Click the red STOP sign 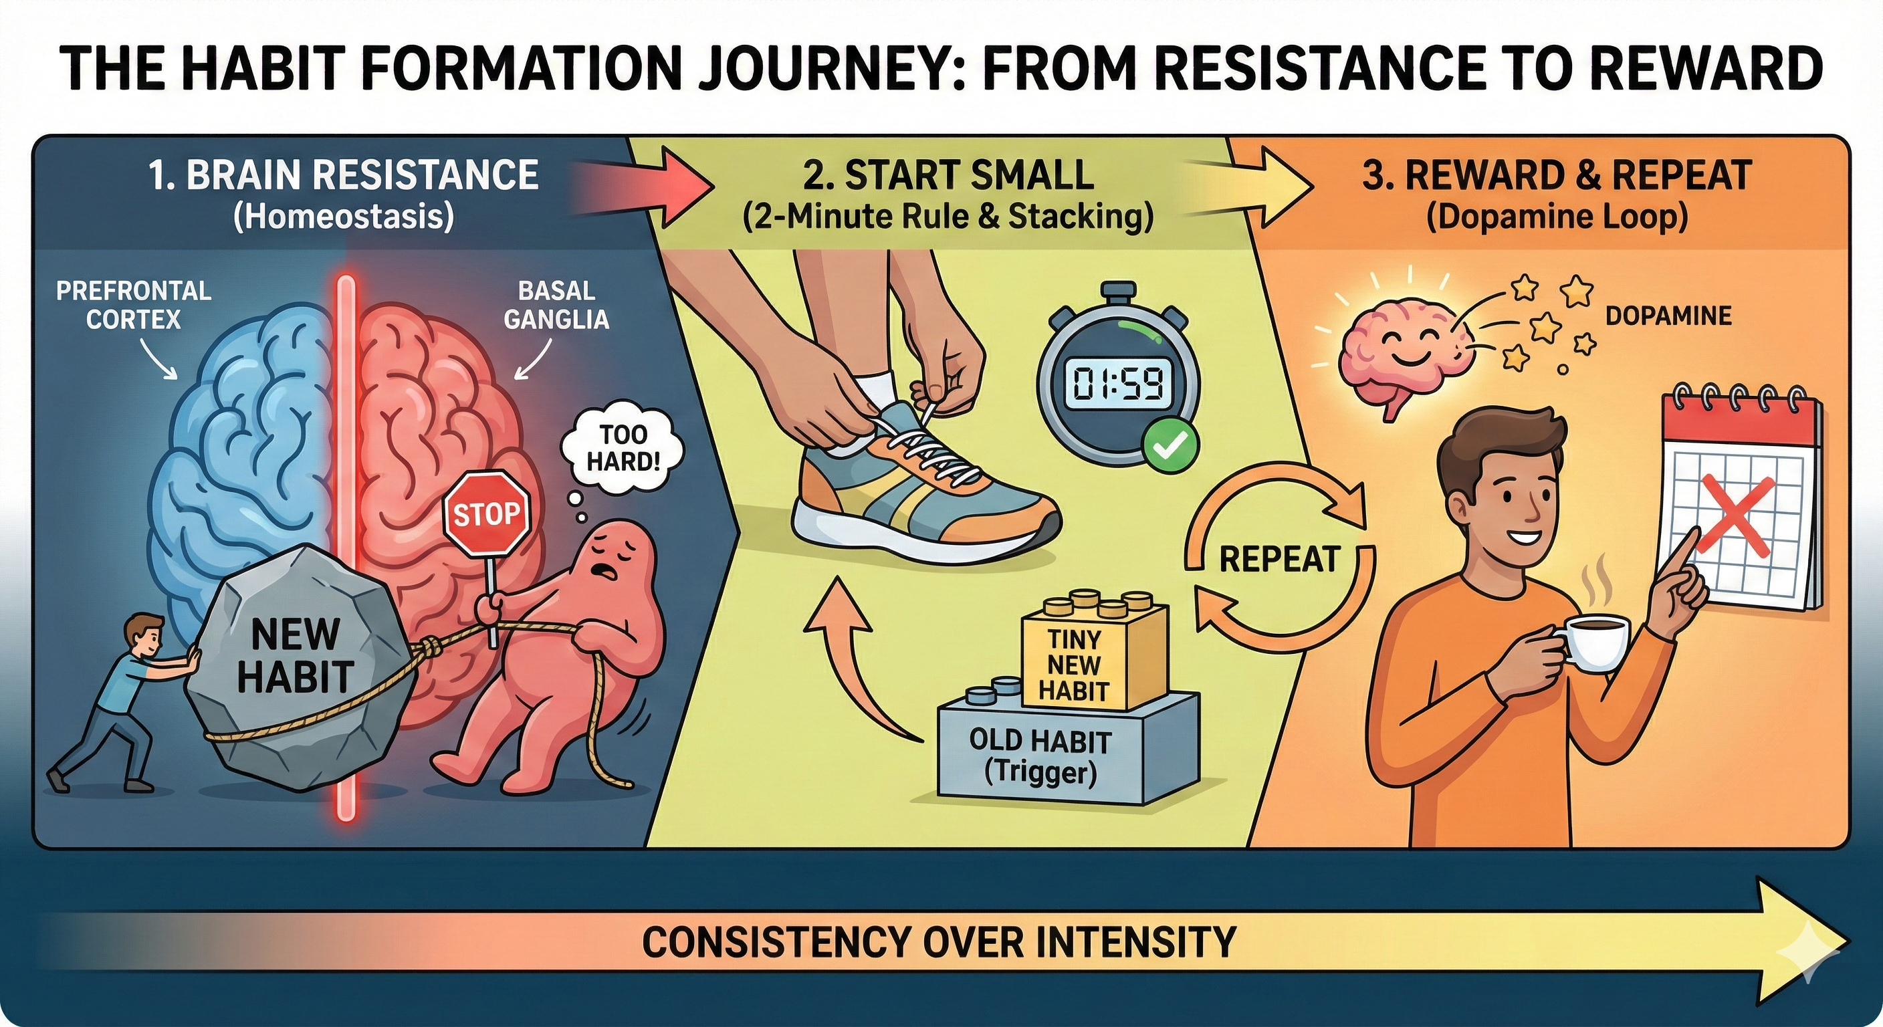pyautogui.click(x=486, y=514)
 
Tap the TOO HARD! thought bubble pyautogui.click(x=623, y=447)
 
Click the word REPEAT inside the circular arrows pyautogui.click(x=1279, y=560)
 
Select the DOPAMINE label pyautogui.click(x=1668, y=316)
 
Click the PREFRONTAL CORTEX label pyautogui.click(x=134, y=305)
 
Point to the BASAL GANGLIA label pyautogui.click(x=556, y=305)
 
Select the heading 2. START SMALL pyautogui.click(x=948, y=175)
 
